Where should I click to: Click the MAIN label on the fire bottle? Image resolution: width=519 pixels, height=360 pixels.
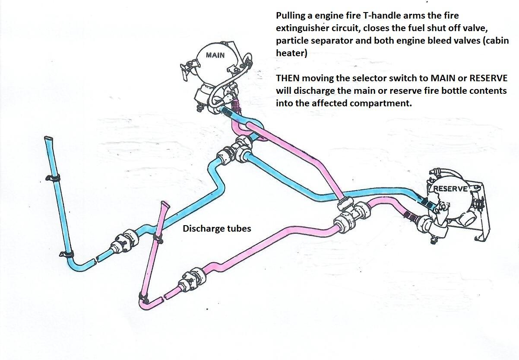pyautogui.click(x=215, y=55)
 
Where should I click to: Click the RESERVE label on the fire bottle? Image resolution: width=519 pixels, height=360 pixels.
pyautogui.click(x=450, y=189)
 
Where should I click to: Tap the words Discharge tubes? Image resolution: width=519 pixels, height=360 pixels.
pyautogui.click(x=217, y=229)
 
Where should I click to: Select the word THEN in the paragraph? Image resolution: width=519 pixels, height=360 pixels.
pyautogui.click(x=288, y=78)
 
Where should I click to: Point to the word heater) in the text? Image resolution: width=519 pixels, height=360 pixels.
pyautogui.click(x=291, y=53)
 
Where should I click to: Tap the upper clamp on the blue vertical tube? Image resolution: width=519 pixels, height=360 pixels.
pyautogui.click(x=53, y=178)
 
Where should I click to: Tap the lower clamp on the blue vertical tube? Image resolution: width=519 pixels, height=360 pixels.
pyautogui.click(x=67, y=254)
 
